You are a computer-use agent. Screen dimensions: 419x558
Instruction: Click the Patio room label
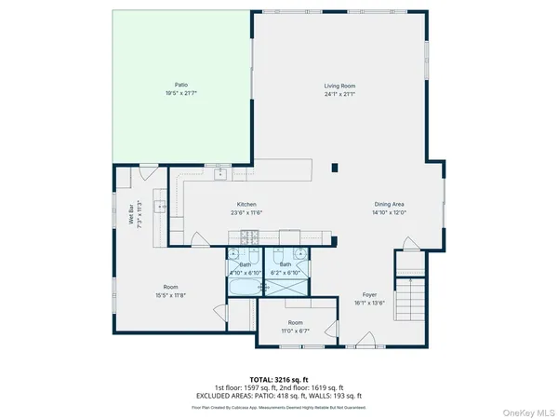(167, 85)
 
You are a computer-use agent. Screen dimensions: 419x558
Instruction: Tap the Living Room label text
(340, 85)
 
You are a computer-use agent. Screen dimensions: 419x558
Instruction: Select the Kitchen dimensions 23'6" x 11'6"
(246, 212)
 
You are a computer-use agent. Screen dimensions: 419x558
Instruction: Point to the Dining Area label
(389, 204)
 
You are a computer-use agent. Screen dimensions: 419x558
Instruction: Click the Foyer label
(370, 294)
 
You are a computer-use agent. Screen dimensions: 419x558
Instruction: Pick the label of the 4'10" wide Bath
(246, 265)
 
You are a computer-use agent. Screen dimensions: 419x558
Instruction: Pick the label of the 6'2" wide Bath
(286, 265)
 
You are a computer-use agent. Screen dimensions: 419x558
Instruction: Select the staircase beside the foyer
(408, 297)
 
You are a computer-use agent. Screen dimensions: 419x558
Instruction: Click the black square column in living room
(336, 169)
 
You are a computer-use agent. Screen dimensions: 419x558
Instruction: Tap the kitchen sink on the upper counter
(220, 173)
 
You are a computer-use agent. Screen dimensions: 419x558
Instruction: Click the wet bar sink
(160, 208)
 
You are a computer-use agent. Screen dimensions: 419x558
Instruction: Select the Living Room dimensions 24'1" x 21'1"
(340, 94)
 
